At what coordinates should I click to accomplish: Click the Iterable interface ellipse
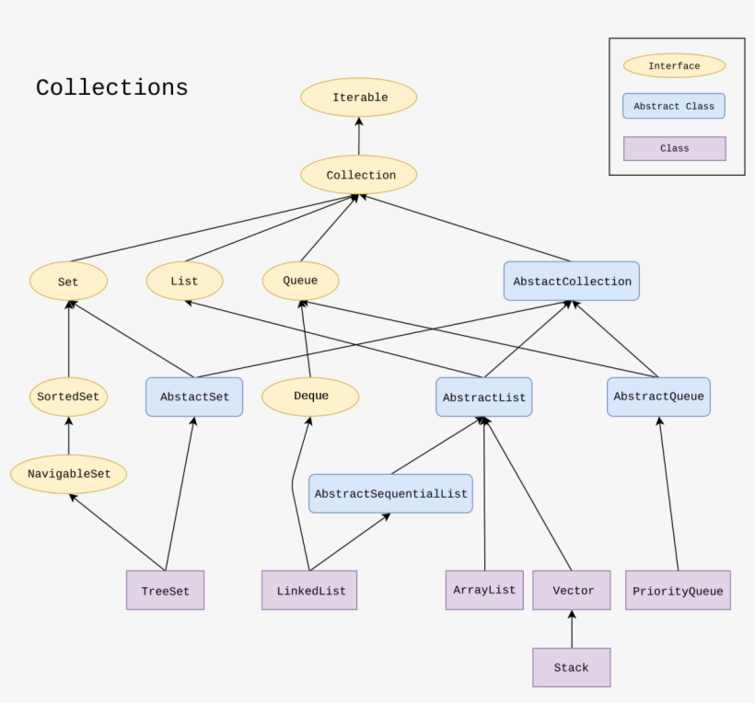[359, 98]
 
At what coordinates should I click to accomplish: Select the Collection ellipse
[359, 175]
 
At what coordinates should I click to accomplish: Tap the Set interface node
[69, 282]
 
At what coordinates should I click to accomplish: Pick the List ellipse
[184, 282]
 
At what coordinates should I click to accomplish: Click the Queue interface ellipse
[300, 281]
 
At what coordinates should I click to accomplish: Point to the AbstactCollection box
[571, 282]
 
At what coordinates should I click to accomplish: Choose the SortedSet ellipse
[69, 397]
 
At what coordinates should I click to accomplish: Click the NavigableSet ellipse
[69, 474]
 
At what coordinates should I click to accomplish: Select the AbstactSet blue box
[194, 397]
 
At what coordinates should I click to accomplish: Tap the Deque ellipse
[310, 397]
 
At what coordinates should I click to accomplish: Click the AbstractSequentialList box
[390, 494]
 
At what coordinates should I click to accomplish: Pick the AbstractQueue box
[658, 397]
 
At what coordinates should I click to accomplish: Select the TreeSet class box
[165, 591]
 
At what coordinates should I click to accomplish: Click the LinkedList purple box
[310, 591]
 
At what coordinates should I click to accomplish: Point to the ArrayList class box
[484, 590]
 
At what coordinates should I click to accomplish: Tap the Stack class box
[571, 667]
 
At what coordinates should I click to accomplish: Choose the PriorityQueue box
[678, 591]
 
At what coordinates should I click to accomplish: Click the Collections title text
[111, 88]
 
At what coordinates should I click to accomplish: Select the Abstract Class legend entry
[674, 106]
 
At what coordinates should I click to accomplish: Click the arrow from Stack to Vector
[572, 630]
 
